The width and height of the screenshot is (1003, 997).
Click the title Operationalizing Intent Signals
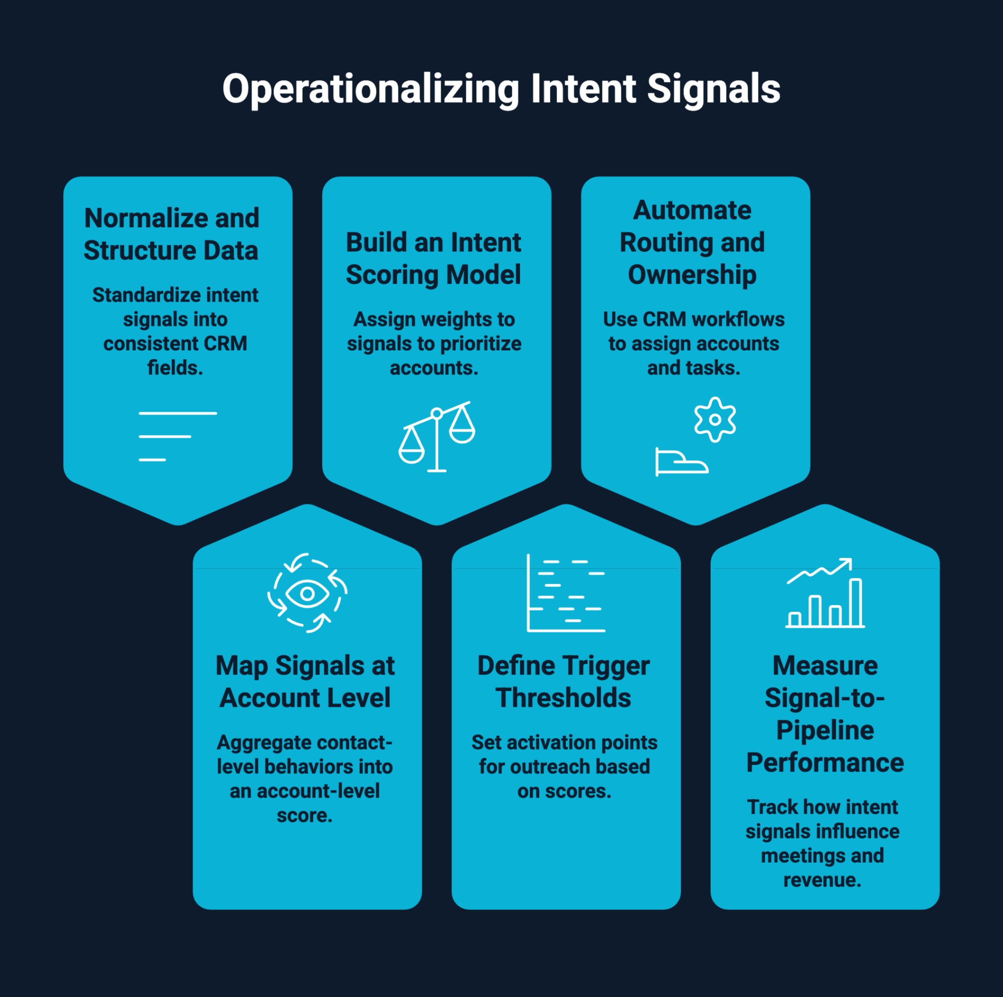(501, 89)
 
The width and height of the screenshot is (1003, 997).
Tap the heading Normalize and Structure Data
(171, 234)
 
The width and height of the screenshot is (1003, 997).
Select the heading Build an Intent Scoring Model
(433, 258)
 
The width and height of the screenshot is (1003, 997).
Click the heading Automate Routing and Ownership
(692, 242)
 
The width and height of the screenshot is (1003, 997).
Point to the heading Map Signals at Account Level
(305, 681)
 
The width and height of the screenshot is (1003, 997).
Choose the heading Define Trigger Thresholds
(564, 681)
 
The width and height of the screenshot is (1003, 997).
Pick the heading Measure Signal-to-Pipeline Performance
(824, 713)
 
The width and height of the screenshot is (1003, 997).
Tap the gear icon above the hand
(715, 419)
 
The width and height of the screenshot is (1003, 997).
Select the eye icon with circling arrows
(307, 593)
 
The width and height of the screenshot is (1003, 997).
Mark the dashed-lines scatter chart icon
(566, 593)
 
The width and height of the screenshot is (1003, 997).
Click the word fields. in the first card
(175, 367)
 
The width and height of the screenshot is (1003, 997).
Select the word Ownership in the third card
(692, 275)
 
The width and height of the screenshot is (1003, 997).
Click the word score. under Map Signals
(305, 815)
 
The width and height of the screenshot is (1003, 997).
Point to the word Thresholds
(563, 697)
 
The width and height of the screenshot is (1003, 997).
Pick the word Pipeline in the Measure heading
(825, 730)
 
